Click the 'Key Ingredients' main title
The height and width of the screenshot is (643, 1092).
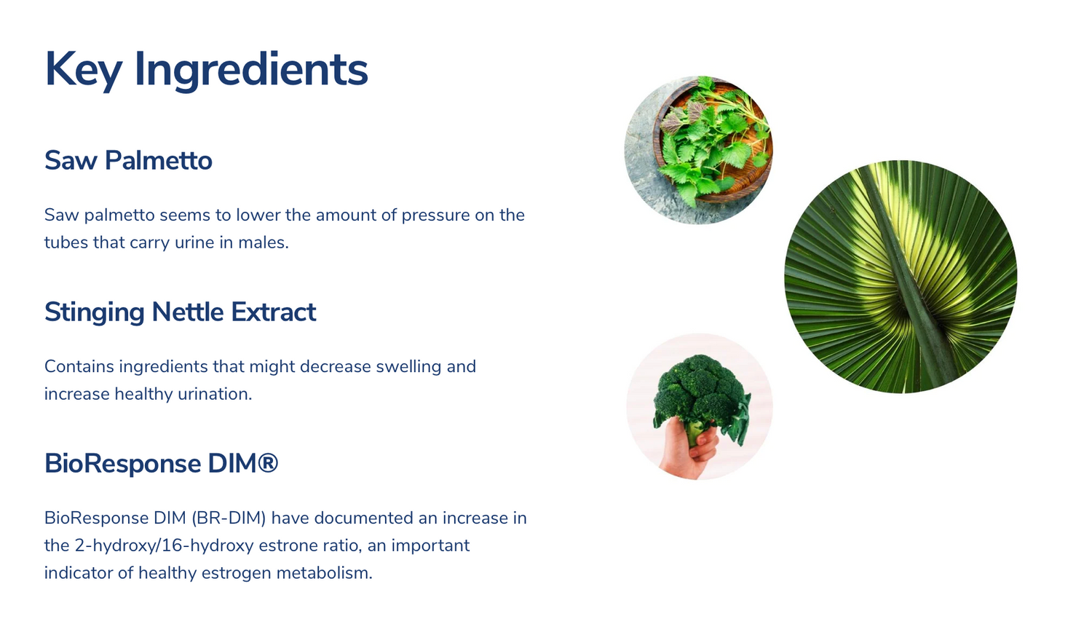206,70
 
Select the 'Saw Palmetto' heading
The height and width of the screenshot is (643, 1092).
128,160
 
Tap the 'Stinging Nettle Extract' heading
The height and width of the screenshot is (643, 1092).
181,312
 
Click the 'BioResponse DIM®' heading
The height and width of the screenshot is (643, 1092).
162,463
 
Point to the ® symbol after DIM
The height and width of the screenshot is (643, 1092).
267,462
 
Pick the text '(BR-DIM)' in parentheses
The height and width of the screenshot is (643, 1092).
229,518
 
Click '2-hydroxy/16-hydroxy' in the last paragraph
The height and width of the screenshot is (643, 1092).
165,545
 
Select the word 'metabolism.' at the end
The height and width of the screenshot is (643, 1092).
324,573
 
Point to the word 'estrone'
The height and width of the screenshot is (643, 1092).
288,545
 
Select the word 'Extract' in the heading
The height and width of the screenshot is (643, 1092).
274,312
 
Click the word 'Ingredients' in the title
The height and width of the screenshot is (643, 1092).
251,70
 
